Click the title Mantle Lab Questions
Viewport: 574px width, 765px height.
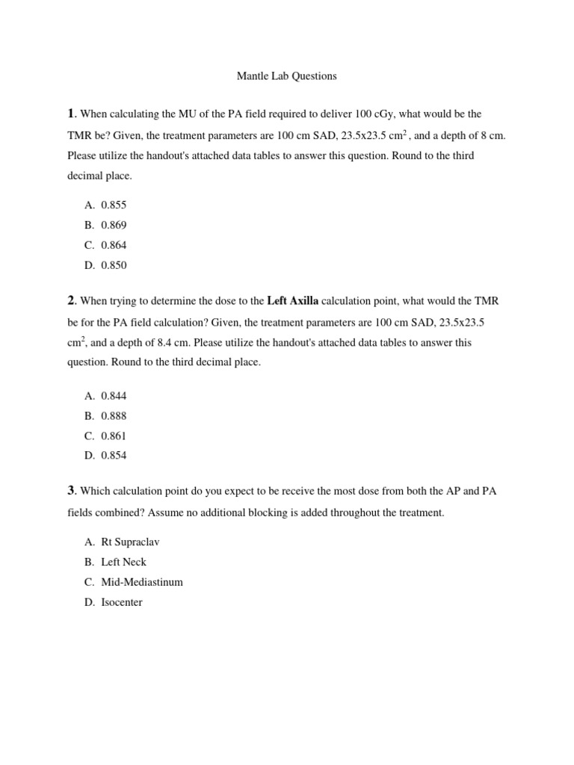click(x=287, y=75)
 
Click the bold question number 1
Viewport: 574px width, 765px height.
click(x=71, y=114)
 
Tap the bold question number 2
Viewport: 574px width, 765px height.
click(x=71, y=300)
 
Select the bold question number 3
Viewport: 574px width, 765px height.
click(x=71, y=490)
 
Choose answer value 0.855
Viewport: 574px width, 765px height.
click(x=114, y=204)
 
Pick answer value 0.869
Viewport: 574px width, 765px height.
click(x=114, y=224)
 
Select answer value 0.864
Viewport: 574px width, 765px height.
click(x=114, y=244)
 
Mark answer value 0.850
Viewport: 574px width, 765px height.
click(x=114, y=264)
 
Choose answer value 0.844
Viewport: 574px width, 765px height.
click(x=114, y=395)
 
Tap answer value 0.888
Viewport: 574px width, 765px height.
click(x=114, y=415)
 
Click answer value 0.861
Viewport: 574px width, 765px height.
click(x=114, y=436)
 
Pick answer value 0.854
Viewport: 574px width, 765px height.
click(x=114, y=456)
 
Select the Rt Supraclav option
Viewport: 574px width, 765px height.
click(x=130, y=542)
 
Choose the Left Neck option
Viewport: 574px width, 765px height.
click(x=123, y=562)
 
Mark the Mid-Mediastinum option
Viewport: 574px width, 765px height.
click(x=142, y=582)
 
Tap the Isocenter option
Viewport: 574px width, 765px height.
click(x=122, y=602)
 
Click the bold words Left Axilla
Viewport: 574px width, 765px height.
click(x=292, y=301)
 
